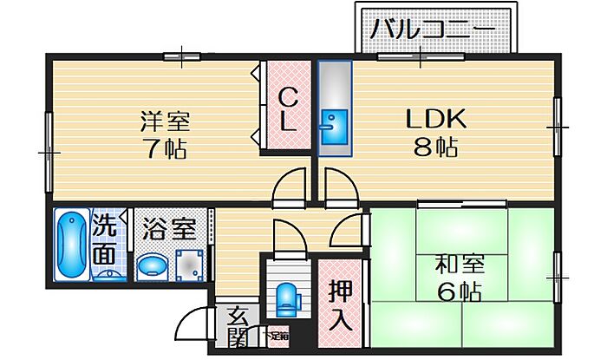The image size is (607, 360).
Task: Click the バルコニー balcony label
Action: click(x=433, y=31)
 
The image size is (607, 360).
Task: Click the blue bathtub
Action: click(x=70, y=245)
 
